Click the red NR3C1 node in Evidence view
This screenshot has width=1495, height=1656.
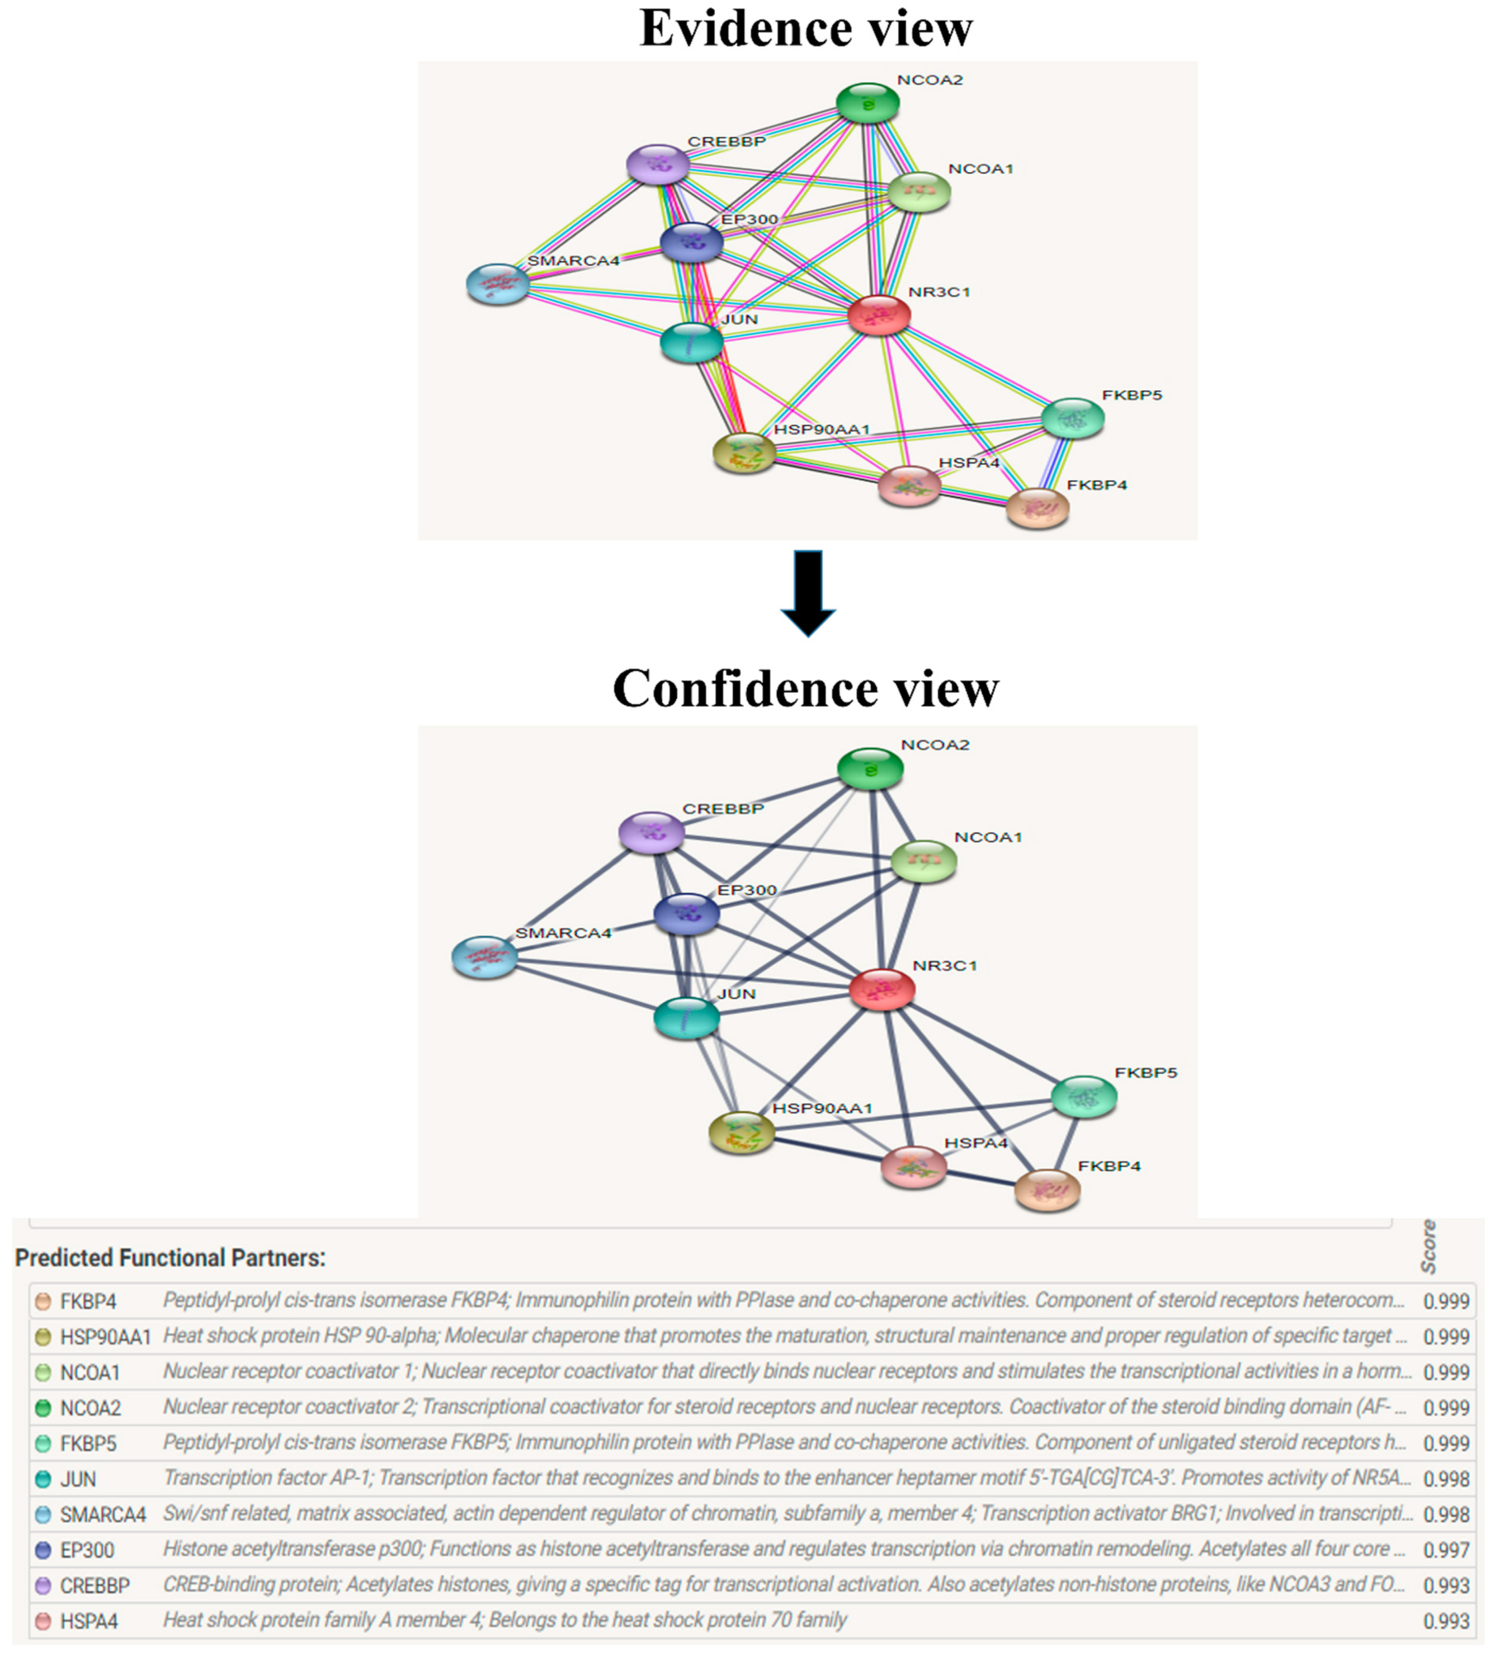click(879, 315)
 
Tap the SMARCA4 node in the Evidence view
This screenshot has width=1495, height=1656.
click(498, 284)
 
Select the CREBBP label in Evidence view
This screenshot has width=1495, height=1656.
click(726, 141)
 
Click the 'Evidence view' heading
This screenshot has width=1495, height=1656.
click(806, 29)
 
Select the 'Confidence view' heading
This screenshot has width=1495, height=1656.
click(806, 688)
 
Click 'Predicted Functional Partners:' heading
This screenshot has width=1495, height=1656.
click(170, 1258)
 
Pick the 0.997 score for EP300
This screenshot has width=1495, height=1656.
click(1446, 1550)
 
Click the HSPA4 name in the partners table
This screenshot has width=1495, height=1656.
click(89, 1621)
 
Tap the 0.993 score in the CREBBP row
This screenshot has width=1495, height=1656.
click(1446, 1586)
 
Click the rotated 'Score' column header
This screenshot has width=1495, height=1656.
click(1430, 1247)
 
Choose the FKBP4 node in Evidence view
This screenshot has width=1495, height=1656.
click(1037, 508)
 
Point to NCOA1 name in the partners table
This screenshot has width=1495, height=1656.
click(91, 1372)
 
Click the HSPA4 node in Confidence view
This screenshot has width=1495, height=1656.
click(913, 1167)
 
